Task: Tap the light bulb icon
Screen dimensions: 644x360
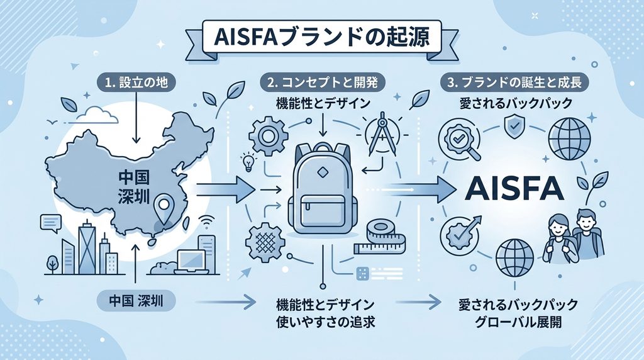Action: click(x=248, y=163)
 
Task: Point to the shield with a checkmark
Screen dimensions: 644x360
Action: click(x=513, y=127)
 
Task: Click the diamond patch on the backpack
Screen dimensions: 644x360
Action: click(x=322, y=172)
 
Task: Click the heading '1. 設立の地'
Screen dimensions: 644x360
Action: click(x=136, y=82)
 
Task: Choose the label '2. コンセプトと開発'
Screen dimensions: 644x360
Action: click(x=323, y=82)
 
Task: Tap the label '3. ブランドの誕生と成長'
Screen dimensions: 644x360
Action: click(x=514, y=82)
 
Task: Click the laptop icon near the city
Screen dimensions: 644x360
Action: click(x=191, y=261)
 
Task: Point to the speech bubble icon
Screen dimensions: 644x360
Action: click(x=50, y=223)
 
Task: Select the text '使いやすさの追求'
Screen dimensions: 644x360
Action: click(x=326, y=322)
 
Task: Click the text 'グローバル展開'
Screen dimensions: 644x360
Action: click(x=518, y=322)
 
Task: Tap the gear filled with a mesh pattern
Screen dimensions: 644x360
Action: click(x=265, y=241)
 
